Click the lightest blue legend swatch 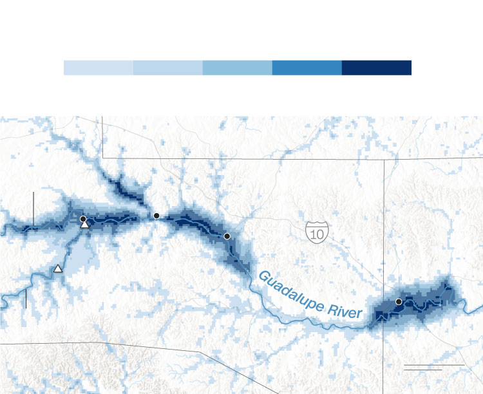tap(99, 68)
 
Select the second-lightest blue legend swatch tap(168, 68)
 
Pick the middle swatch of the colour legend tap(238, 68)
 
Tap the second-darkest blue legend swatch tap(307, 68)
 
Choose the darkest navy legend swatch tap(377, 68)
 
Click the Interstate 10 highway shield tap(317, 232)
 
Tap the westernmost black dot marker tap(83, 220)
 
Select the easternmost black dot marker tap(399, 301)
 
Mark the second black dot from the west tap(156, 216)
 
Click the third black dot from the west tap(227, 236)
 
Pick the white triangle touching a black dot tap(84, 225)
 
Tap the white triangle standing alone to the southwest tap(58, 268)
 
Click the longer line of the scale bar tap(434, 365)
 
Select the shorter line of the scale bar tap(422, 370)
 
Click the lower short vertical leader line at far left tap(26, 299)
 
